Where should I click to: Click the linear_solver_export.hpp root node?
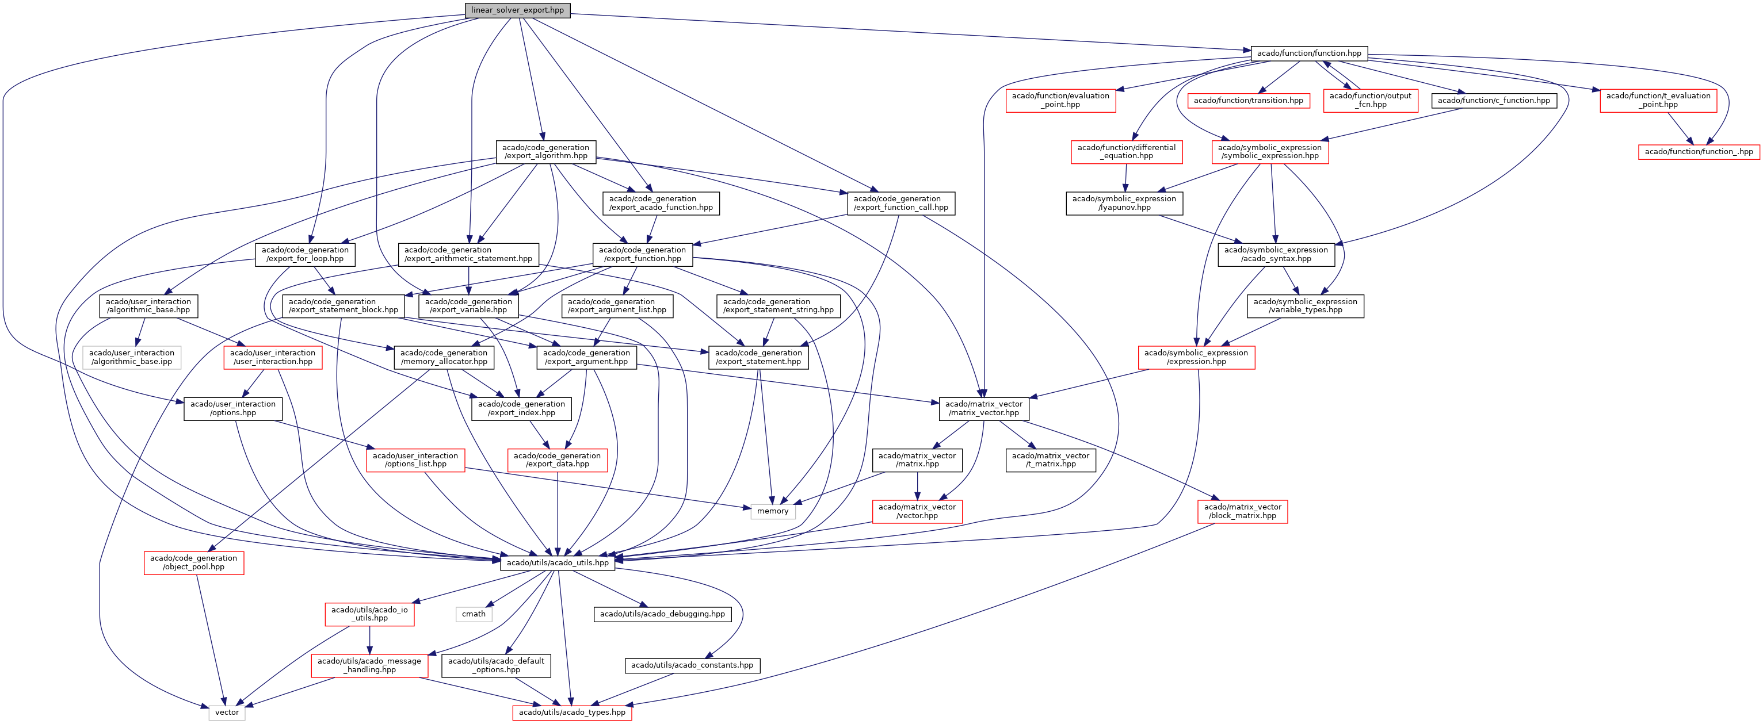click(x=517, y=10)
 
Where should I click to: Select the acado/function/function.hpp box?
click(x=1308, y=53)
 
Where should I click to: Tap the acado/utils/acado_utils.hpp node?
click(x=557, y=562)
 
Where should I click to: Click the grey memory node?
click(x=773, y=511)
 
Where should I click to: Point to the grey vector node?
click(x=227, y=712)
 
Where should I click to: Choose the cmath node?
click(x=474, y=614)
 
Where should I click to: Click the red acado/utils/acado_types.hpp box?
click(x=572, y=712)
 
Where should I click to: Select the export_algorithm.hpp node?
click(x=545, y=151)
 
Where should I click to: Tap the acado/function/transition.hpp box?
click(x=1249, y=101)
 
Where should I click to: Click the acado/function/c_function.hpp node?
click(x=1493, y=101)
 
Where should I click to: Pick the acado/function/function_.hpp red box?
click(x=1699, y=151)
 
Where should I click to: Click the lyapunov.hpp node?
click(x=1124, y=202)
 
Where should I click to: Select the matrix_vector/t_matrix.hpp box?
click(x=1051, y=460)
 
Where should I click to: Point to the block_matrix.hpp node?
click(x=1242, y=511)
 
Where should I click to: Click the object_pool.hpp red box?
click(x=194, y=562)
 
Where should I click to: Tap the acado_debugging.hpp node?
click(x=662, y=614)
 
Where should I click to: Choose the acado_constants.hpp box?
click(x=692, y=665)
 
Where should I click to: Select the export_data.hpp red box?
click(x=557, y=460)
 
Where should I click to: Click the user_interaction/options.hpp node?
click(x=232, y=408)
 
